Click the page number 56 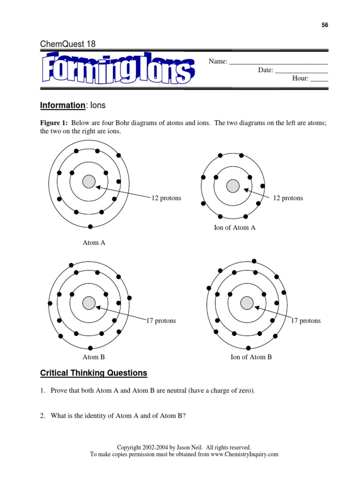click(x=325, y=25)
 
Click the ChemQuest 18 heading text click(x=68, y=44)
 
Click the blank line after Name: click(x=278, y=61)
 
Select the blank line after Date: click(x=301, y=70)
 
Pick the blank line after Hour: click(x=319, y=79)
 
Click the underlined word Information click(x=62, y=106)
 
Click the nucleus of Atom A click(x=89, y=182)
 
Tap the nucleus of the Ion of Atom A click(x=233, y=186)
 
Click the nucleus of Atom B click(x=89, y=303)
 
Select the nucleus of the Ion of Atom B click(x=247, y=303)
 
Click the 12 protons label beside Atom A click(x=166, y=198)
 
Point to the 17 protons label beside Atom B click(x=161, y=321)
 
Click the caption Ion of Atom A click(x=235, y=228)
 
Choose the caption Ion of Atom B click(x=251, y=357)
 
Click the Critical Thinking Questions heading click(x=94, y=374)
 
